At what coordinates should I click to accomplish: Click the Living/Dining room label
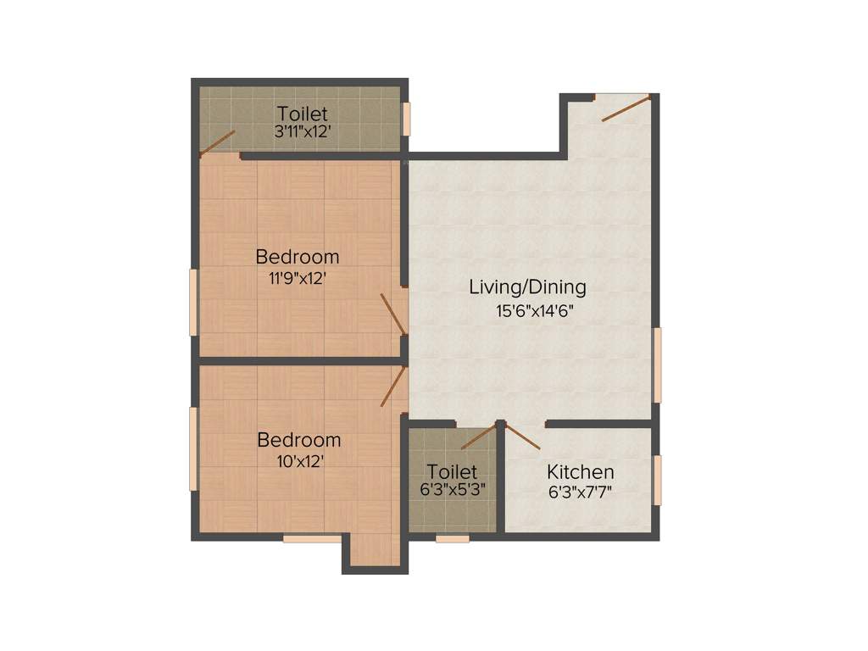click(x=527, y=287)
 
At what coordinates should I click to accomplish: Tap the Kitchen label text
click(x=580, y=472)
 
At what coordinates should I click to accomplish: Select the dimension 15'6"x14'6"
click(x=535, y=310)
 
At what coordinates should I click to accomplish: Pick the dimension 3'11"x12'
click(x=302, y=131)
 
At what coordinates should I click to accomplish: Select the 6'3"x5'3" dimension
click(x=452, y=490)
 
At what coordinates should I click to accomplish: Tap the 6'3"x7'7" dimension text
click(x=580, y=491)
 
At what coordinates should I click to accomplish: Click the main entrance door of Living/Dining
click(x=626, y=108)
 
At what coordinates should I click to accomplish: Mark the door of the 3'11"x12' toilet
click(x=217, y=144)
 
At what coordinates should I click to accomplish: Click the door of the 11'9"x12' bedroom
click(x=392, y=314)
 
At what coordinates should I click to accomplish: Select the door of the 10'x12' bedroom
click(x=394, y=387)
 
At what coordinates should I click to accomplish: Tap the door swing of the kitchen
click(x=523, y=436)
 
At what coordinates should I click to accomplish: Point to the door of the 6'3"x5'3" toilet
click(x=478, y=436)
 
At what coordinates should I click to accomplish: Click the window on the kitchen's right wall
click(x=657, y=481)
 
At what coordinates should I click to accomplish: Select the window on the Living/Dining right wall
click(x=657, y=364)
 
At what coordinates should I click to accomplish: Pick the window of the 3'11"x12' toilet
click(x=406, y=119)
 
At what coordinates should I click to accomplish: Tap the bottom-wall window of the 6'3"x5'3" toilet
click(x=452, y=538)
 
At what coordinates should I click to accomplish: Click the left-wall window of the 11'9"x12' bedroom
click(x=193, y=303)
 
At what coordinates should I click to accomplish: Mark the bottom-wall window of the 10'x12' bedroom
click(x=312, y=538)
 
